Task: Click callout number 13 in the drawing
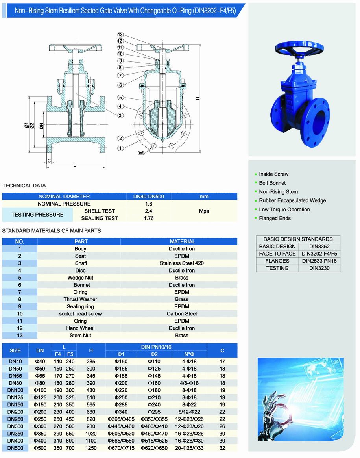[x=120, y=35]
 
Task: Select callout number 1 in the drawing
[x=120, y=148]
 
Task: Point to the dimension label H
[x=198, y=98]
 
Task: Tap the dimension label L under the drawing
[x=75, y=165]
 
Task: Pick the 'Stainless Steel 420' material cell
[x=182, y=263]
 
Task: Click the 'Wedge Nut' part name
[x=81, y=278]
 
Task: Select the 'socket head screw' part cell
[x=80, y=314]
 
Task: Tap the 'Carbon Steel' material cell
[x=182, y=314]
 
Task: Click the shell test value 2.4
[x=148, y=211]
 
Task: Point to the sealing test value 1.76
[x=148, y=218]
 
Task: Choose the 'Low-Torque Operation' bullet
[x=284, y=210]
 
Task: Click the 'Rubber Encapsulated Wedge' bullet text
[x=292, y=200]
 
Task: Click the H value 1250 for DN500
[x=91, y=448]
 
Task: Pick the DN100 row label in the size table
[x=15, y=390]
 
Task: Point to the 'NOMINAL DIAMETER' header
[x=64, y=197]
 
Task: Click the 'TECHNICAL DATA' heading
[x=24, y=185]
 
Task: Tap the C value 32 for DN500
[x=222, y=448]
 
